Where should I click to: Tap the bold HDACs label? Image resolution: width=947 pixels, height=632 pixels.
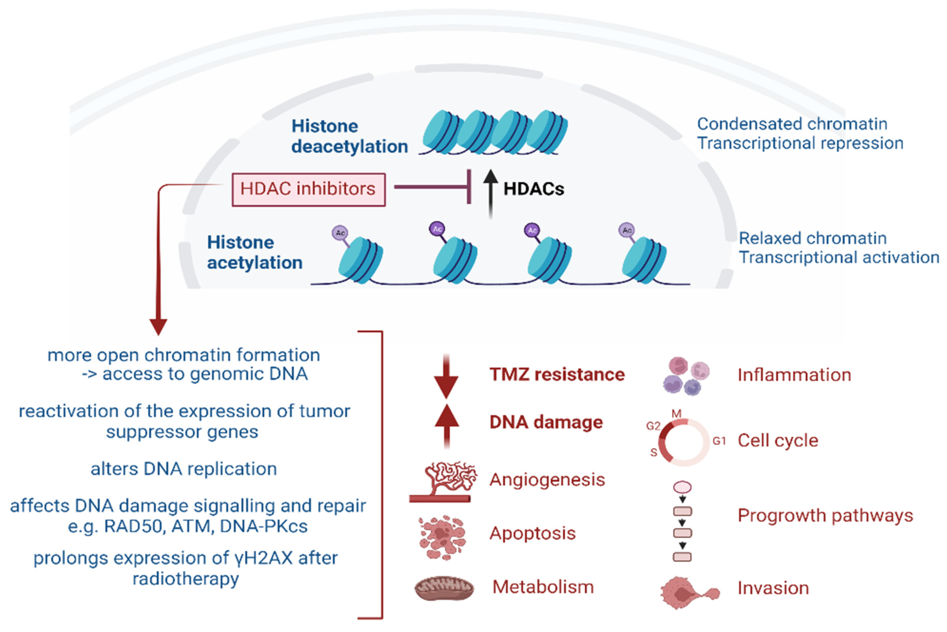[534, 189]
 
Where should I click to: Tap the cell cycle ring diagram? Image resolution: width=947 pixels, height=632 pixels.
[686, 442]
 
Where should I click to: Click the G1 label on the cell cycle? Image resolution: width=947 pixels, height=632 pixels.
[719, 441]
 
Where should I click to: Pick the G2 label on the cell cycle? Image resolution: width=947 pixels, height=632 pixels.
[653, 426]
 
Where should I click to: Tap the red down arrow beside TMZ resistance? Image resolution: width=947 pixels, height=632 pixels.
[446, 377]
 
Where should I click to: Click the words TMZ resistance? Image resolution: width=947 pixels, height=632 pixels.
[557, 374]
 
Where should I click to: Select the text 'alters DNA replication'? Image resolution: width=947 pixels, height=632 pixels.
[184, 469]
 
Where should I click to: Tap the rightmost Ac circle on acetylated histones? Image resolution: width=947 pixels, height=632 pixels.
[626, 230]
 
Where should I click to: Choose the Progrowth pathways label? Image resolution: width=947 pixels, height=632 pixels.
[825, 516]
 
